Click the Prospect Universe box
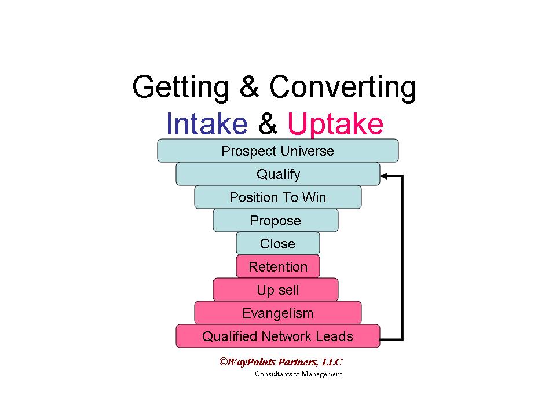278,151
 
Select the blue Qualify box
278,174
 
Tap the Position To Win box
278,197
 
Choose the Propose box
276,221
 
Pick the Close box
278,244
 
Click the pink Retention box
278,267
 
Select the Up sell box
276,290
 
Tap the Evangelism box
278,313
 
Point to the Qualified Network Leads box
278,336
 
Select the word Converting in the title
342,88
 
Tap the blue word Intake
207,123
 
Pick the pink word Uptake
335,123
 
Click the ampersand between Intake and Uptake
268,123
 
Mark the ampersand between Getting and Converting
249,88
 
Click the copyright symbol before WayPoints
222,361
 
